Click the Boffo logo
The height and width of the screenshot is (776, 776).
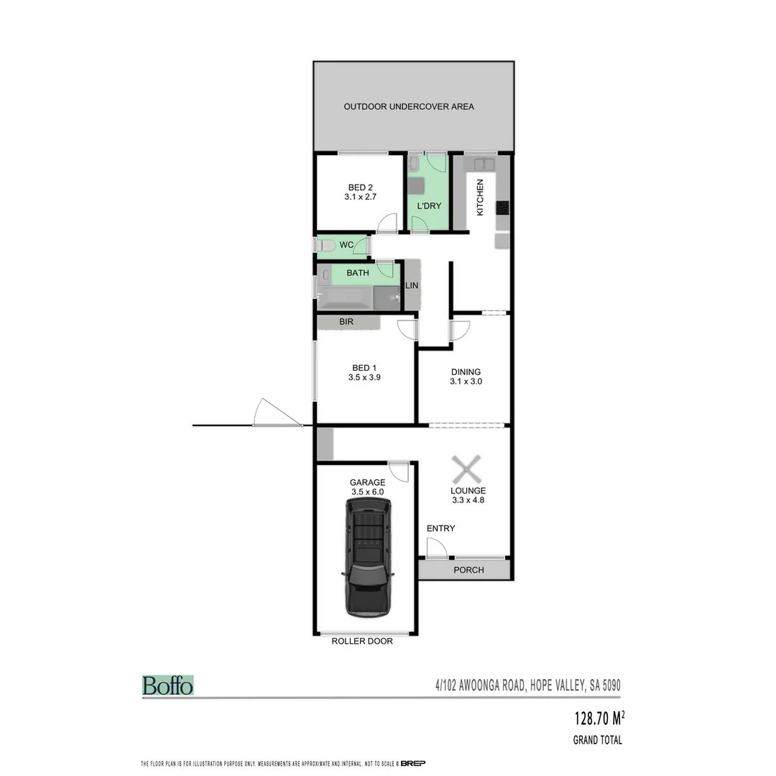(167, 685)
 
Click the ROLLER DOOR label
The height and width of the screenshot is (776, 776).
(362, 641)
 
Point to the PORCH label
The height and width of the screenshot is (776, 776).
(468, 570)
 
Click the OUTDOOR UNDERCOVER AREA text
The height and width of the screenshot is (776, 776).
(409, 107)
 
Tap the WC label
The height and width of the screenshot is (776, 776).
(346, 245)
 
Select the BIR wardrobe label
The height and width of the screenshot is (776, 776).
(346, 323)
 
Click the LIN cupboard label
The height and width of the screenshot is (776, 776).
(412, 285)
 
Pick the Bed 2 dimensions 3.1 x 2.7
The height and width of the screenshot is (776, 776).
(356, 195)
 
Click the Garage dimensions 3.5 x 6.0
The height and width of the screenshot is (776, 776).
(367, 492)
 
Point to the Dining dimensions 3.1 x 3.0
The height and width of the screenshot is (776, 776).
(466, 382)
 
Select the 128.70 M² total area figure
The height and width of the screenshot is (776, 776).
(599, 718)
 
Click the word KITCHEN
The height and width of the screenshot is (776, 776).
(480, 197)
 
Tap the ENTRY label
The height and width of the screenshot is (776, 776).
(440, 529)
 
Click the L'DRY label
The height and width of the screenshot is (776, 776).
(428, 206)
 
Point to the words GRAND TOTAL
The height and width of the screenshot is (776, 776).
(597, 740)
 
